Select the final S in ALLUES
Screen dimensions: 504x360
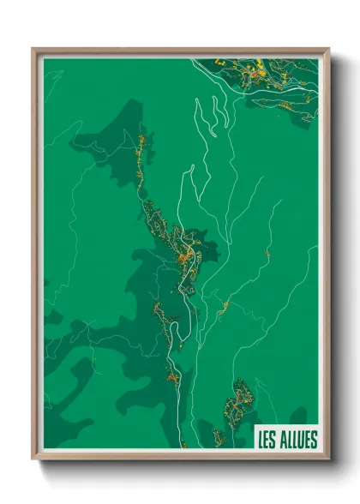pyautogui.click(x=314, y=440)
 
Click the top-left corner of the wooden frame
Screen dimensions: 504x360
pyautogui.click(x=33, y=49)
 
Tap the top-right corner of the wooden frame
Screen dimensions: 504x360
pyautogui.click(x=328, y=49)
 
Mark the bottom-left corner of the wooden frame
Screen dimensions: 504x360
pyautogui.click(x=33, y=459)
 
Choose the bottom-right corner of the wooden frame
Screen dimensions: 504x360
pyautogui.click(x=328, y=459)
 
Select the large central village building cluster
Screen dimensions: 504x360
pyautogui.click(x=184, y=249)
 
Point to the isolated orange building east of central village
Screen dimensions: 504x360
pyautogui.click(x=268, y=254)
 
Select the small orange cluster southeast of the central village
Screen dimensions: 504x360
pyautogui.click(x=225, y=304)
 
